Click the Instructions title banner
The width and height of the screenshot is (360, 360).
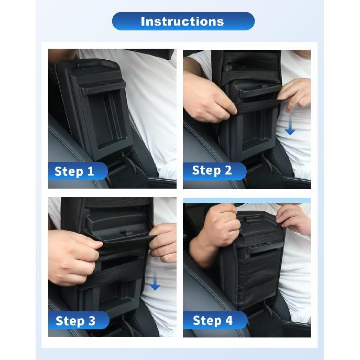183,21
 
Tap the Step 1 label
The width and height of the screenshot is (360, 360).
74,171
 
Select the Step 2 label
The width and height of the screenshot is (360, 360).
212,170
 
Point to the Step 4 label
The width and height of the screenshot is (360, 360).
212,320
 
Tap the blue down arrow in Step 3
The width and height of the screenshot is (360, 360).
154,282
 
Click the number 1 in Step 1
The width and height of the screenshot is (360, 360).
90,171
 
